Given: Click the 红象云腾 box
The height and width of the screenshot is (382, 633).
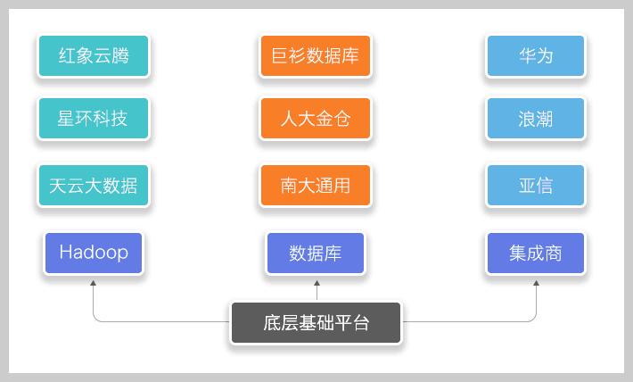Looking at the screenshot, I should (93, 55).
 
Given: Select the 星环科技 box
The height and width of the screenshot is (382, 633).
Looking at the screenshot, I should (93, 119).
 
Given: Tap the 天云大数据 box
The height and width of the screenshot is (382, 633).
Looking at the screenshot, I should (93, 186).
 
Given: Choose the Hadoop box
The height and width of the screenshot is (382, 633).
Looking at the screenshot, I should (93, 253).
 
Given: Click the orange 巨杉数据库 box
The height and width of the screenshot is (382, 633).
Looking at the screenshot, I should (315, 55).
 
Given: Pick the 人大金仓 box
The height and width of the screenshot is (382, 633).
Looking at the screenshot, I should (315, 119).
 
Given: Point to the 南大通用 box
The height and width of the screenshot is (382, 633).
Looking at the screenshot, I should (315, 186).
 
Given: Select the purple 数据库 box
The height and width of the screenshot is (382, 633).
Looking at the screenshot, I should (315, 253).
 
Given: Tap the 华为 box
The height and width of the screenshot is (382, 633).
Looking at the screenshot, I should (536, 55).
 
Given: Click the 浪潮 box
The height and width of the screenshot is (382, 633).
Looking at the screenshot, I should (536, 119).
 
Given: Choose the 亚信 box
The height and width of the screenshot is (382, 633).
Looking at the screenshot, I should (536, 186).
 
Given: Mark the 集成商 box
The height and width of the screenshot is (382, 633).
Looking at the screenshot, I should (536, 253).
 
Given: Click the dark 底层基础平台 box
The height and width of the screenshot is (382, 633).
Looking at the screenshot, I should (316, 323).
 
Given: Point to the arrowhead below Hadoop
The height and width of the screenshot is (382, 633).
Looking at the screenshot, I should (94, 284).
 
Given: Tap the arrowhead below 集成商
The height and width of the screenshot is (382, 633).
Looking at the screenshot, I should (537, 284).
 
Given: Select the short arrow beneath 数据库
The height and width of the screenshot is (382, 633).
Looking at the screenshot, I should (316, 289).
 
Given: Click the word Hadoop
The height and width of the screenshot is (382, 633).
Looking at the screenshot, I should (93, 253).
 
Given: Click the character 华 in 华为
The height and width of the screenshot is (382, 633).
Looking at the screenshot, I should (527, 55).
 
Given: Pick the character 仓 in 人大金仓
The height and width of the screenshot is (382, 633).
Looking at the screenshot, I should (340, 119).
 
